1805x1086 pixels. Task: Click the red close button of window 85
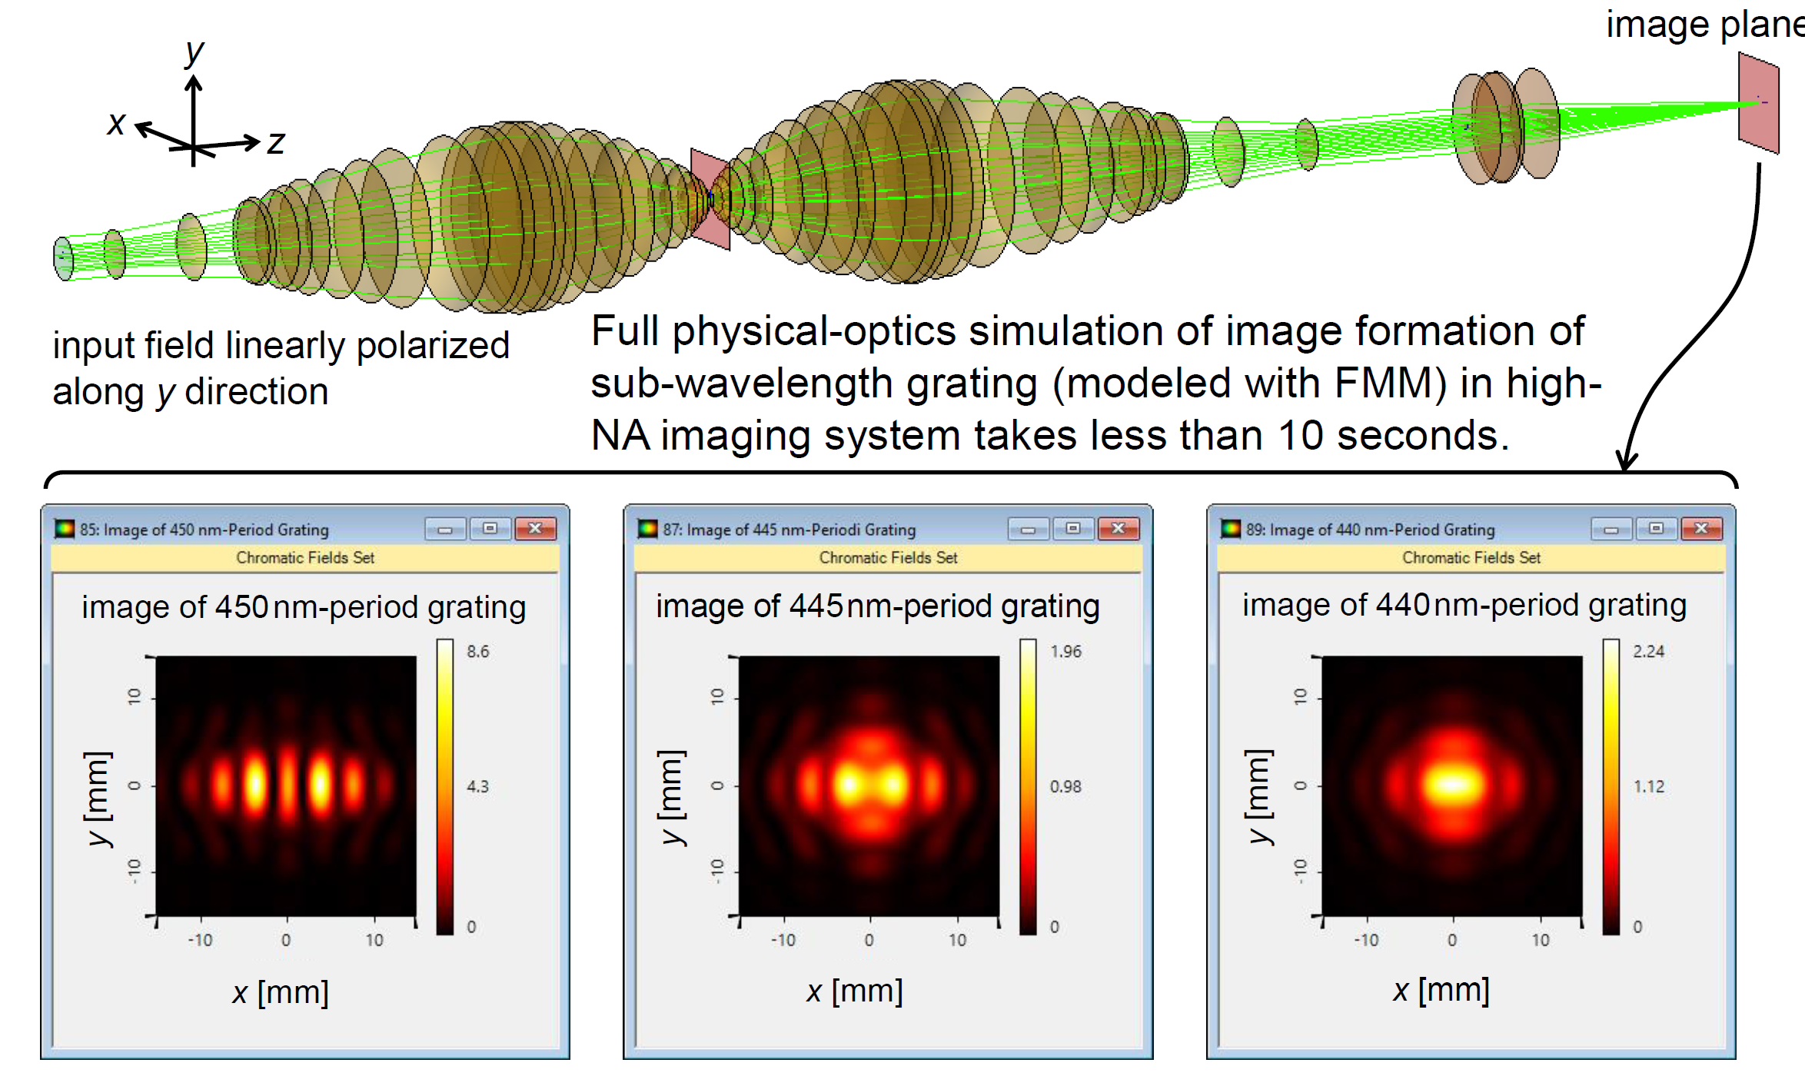[x=535, y=529]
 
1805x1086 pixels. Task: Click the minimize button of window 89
[x=1611, y=529]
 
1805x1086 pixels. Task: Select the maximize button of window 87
[x=1073, y=529]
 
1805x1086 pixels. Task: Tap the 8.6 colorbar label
[x=477, y=652]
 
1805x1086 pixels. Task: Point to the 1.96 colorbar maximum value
[x=1065, y=652]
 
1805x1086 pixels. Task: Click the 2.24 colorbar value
[x=1648, y=652]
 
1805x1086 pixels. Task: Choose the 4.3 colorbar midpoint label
[x=477, y=786]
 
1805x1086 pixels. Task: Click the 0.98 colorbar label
[x=1065, y=786]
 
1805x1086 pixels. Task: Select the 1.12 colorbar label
[x=1648, y=786]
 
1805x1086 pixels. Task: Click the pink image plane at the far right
[x=1759, y=102]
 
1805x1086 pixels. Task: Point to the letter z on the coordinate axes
[x=276, y=142]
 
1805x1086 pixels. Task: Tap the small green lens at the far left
[x=63, y=258]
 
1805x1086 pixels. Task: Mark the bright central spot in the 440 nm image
[x=1452, y=785]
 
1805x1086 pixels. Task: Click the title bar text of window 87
[x=789, y=530]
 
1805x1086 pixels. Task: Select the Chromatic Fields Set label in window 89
[x=1471, y=557]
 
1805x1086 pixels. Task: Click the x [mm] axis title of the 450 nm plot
[x=281, y=992]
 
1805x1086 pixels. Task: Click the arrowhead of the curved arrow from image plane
[x=1626, y=463]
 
